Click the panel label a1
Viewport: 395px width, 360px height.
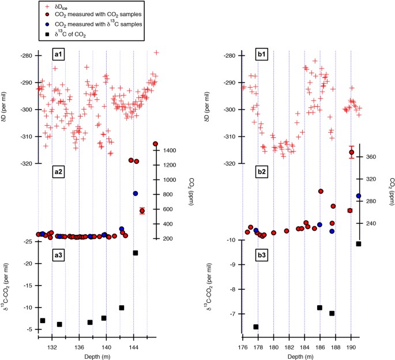click(x=58, y=55)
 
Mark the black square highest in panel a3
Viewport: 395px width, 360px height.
click(x=136, y=253)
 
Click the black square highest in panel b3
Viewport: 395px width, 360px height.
click(x=358, y=243)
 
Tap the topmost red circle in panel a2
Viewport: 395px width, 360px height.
click(x=155, y=144)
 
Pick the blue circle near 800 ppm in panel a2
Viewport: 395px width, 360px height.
click(x=136, y=193)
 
